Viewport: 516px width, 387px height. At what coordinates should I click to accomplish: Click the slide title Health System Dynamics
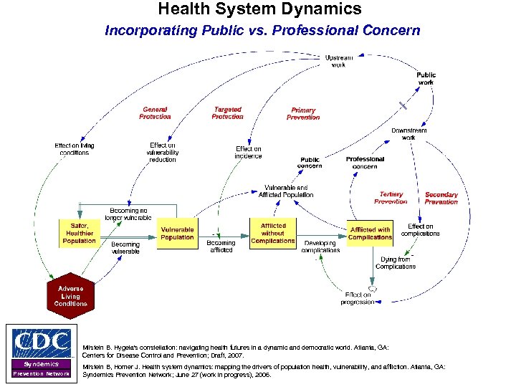click(259, 10)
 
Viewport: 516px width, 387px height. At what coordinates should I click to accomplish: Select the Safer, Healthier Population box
click(79, 234)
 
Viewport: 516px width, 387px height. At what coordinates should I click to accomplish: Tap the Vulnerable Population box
click(177, 234)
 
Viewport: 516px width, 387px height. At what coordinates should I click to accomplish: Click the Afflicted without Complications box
click(272, 234)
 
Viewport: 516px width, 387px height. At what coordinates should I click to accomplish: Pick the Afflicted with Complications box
click(371, 234)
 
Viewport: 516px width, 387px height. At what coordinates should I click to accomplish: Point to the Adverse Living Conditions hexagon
click(71, 296)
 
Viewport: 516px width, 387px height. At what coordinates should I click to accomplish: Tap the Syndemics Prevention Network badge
click(41, 368)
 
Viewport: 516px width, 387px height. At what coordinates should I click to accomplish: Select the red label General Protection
click(155, 113)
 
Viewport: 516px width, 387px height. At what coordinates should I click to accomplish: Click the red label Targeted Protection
click(227, 113)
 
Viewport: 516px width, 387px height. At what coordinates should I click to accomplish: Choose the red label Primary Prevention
click(303, 114)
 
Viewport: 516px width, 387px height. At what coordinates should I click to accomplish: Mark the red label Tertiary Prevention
click(391, 198)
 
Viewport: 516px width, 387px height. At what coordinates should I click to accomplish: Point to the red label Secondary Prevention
click(441, 198)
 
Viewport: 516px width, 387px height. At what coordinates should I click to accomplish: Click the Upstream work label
click(338, 61)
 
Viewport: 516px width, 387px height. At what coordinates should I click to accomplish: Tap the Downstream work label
click(408, 134)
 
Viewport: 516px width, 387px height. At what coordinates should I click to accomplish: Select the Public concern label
click(310, 163)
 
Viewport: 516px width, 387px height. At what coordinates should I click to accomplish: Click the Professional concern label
click(365, 163)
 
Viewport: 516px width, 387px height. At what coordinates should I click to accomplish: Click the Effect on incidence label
click(249, 153)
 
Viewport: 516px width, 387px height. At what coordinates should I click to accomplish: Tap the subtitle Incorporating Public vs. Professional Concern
click(262, 31)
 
